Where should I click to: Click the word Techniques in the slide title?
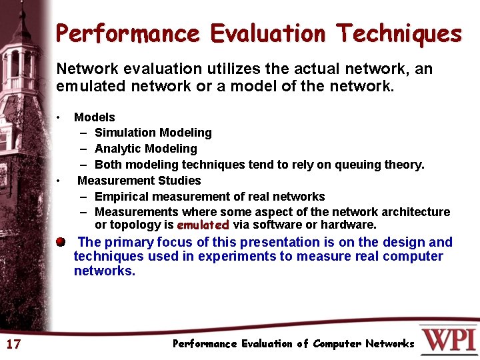click(x=399, y=33)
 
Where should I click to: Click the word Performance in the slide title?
click(x=127, y=33)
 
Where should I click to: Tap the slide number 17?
click(x=13, y=344)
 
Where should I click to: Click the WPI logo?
click(x=449, y=339)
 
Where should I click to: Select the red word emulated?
click(x=203, y=225)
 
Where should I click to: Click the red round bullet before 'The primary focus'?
click(x=61, y=241)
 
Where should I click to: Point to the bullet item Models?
click(x=94, y=117)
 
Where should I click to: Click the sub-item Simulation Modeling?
click(x=153, y=133)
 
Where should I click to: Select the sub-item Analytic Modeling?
click(x=145, y=149)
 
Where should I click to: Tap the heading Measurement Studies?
click(x=139, y=181)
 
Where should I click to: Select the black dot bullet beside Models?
click(x=59, y=117)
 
